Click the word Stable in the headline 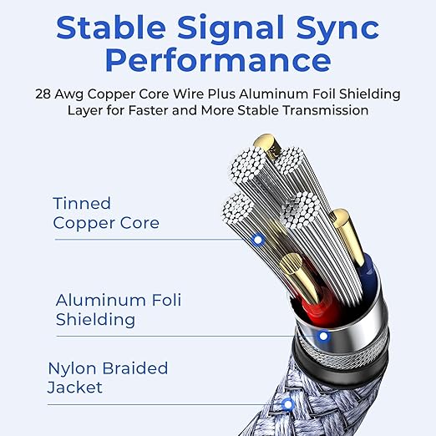tap(111, 28)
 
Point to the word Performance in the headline tap(218, 60)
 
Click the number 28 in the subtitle tap(43, 94)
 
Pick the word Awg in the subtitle tap(69, 94)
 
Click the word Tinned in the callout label tap(82, 203)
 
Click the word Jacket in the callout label tap(75, 388)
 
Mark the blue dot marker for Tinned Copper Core tap(258, 240)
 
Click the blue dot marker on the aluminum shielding tap(323, 336)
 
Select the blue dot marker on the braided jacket tap(288, 404)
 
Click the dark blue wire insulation tap(369, 274)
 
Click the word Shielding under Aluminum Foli tap(95, 320)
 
